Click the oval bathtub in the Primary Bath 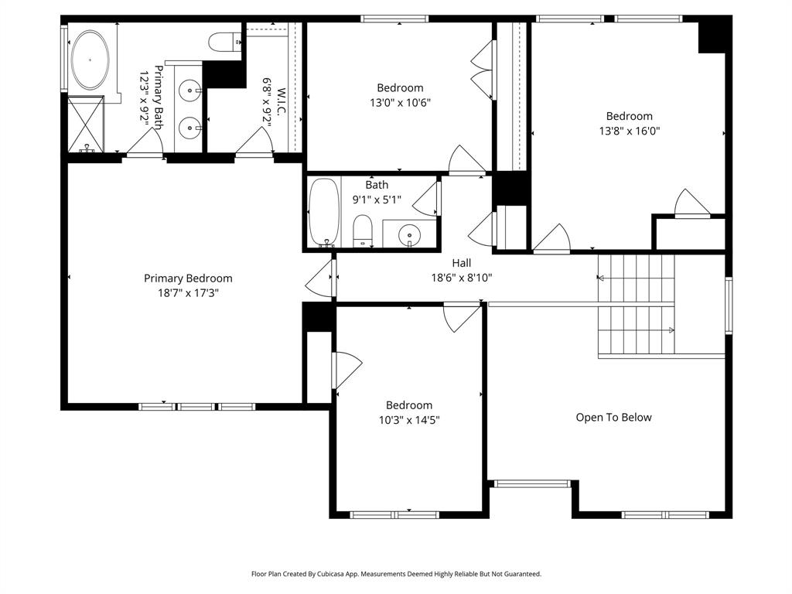tap(91, 60)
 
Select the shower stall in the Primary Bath tap(85, 124)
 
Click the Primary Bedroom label tap(188, 278)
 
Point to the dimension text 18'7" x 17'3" tap(188, 293)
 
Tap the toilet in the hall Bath tap(363, 230)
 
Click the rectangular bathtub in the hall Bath tap(323, 211)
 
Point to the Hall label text tap(462, 264)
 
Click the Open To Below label tap(613, 418)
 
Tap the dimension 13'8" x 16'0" tap(628, 131)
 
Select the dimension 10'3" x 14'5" tap(409, 420)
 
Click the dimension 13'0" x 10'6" tap(400, 102)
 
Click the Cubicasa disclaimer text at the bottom tap(396, 574)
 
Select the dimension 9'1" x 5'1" tap(378, 200)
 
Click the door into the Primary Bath tap(145, 143)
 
